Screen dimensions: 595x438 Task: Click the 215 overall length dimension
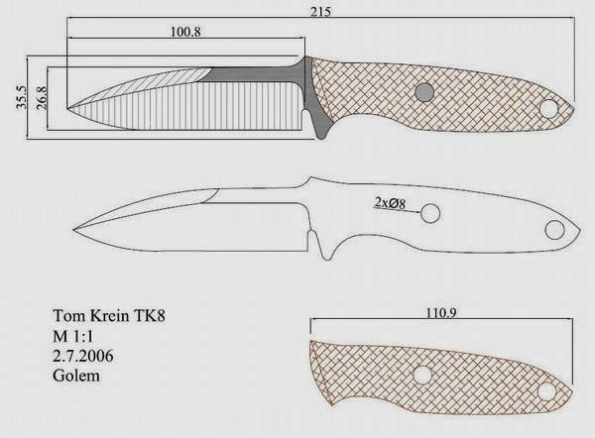coord(320,11)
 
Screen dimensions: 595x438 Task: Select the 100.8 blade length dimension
coord(185,32)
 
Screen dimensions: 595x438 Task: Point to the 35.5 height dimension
coord(22,97)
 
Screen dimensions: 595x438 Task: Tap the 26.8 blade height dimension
coord(42,98)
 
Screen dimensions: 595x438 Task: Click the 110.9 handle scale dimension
coord(441,312)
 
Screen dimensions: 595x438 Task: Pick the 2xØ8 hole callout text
coord(390,203)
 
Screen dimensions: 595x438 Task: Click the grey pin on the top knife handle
coord(424,92)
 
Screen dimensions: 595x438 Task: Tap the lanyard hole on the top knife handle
coord(548,108)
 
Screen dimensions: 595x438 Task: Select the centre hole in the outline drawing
coord(430,213)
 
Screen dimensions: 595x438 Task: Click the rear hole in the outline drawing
coord(554,230)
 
